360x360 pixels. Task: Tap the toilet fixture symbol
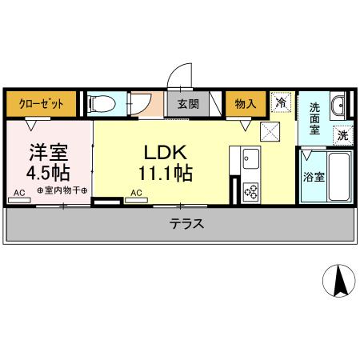[x=102, y=104]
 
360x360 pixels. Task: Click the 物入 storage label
[x=246, y=104]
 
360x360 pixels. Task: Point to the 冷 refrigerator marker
[x=281, y=102]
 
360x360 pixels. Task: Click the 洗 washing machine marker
[x=342, y=136]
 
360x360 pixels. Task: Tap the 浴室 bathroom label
[x=314, y=177]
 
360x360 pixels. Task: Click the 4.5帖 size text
[x=49, y=171]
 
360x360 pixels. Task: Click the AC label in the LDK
[x=136, y=192]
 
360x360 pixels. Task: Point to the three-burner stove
[x=250, y=190]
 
